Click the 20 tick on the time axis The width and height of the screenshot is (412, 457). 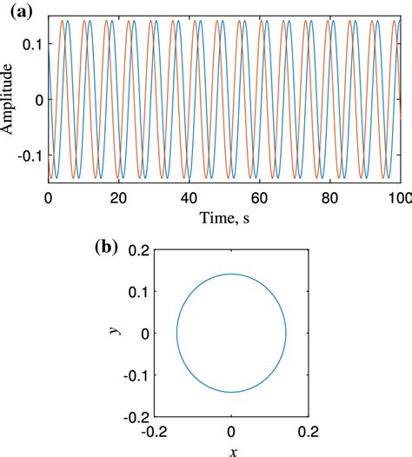tap(118, 198)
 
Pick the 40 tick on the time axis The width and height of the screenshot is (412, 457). tap(189, 198)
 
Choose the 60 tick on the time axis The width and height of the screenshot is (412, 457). tap(259, 198)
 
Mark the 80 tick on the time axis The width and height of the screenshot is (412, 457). tap(329, 198)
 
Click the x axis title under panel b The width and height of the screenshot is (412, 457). tap(232, 450)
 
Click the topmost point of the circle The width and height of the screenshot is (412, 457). tap(231, 275)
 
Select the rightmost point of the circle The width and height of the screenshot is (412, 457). tap(287, 333)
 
